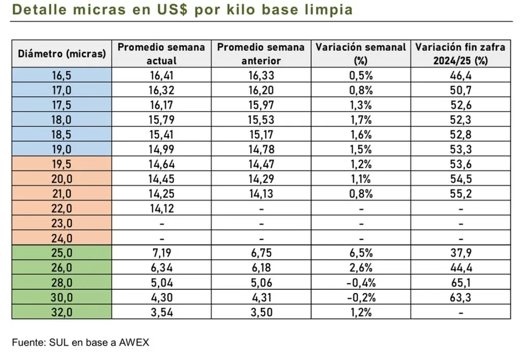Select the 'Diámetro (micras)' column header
click(x=62, y=54)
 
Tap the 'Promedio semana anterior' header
click(x=262, y=54)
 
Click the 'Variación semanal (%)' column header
click(x=361, y=54)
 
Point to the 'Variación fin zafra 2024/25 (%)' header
click(x=460, y=54)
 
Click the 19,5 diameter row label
click(x=62, y=164)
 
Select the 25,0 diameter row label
click(x=62, y=253)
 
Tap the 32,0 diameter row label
click(x=62, y=312)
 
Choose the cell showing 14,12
click(x=162, y=208)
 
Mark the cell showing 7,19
click(x=162, y=253)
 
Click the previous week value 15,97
click(x=262, y=105)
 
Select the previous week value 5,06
click(x=262, y=283)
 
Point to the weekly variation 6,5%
click(x=361, y=253)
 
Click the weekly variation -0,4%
click(x=361, y=283)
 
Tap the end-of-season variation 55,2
click(x=460, y=194)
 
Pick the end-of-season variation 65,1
click(x=460, y=283)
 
